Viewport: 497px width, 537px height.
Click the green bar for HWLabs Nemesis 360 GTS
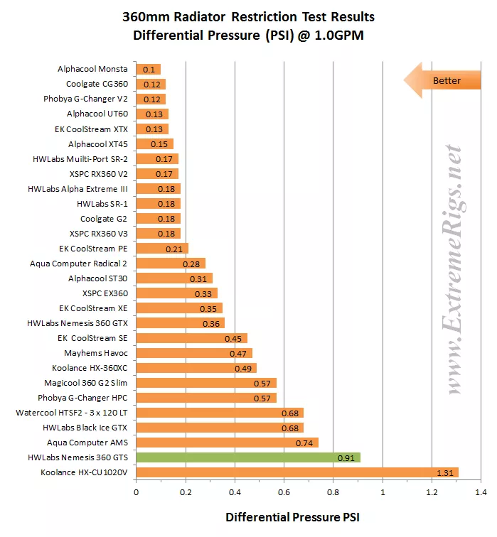coord(248,457)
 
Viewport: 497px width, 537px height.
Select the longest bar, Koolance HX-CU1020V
coord(297,472)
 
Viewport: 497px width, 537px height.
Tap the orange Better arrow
coord(437,80)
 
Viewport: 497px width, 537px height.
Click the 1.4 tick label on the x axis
coord(481,491)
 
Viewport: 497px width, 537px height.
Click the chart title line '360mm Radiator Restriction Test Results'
coord(248,16)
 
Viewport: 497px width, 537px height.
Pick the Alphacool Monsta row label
coord(92,69)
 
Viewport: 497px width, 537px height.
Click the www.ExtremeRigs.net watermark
coord(454,270)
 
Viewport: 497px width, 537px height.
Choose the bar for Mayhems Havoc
coord(194,353)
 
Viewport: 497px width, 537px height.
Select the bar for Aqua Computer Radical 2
coord(171,264)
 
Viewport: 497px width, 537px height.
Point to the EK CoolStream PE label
coord(94,249)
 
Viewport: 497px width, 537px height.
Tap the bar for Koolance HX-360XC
coord(196,368)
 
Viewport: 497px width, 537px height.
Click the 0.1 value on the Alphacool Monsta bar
coord(149,70)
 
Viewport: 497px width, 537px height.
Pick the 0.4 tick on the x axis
coord(235,491)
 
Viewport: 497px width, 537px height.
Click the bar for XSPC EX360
coord(176,293)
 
